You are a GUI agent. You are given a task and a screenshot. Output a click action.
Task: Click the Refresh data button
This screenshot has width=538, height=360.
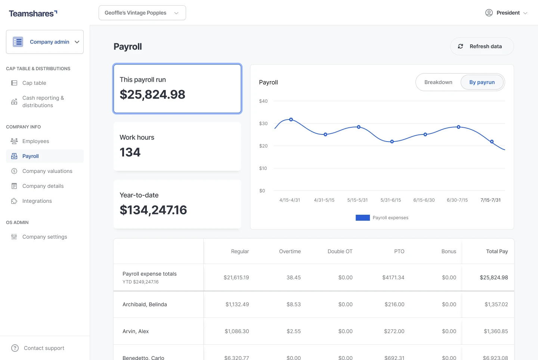coord(482,46)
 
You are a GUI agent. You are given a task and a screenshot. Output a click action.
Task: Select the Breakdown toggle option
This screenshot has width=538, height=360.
coord(438,82)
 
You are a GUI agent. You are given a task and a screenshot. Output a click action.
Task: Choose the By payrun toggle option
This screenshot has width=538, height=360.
coord(482,82)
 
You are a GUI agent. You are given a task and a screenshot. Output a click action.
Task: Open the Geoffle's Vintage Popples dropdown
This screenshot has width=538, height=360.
coord(142,13)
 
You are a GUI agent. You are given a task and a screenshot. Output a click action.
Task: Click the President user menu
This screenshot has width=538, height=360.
coord(506,13)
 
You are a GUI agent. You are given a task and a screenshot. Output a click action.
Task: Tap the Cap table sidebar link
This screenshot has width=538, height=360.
coord(34,83)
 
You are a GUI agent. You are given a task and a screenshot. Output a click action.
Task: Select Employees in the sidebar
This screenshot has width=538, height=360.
coord(35,141)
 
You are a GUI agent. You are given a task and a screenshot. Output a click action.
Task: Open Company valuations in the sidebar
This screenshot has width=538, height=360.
coord(47,171)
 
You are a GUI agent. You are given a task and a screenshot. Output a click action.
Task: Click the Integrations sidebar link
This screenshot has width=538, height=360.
coord(37,201)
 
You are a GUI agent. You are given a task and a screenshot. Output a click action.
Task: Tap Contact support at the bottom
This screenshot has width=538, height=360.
coord(44,348)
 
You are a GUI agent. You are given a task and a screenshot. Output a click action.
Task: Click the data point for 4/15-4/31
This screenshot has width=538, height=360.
coord(291,120)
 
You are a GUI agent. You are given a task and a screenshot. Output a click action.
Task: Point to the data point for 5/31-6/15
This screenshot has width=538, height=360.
coord(392,142)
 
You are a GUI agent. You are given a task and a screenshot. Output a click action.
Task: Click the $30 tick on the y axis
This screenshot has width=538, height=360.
coord(263,124)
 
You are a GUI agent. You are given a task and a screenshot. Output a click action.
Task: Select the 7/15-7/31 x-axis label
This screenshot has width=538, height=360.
coord(490,200)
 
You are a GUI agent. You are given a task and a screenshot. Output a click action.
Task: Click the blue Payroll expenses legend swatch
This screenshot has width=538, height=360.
coord(362,218)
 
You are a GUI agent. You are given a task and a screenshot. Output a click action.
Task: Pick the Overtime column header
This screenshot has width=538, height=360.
coord(290,251)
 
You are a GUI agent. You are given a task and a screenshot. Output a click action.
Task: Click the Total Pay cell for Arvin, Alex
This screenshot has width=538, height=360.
coord(496,331)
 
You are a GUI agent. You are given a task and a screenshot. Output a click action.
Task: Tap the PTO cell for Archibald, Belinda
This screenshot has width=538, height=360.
coord(394,304)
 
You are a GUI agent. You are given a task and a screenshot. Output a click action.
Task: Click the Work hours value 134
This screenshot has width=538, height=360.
coord(130,152)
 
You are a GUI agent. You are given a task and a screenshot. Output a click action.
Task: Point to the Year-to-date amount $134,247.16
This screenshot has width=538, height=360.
coord(153,210)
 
